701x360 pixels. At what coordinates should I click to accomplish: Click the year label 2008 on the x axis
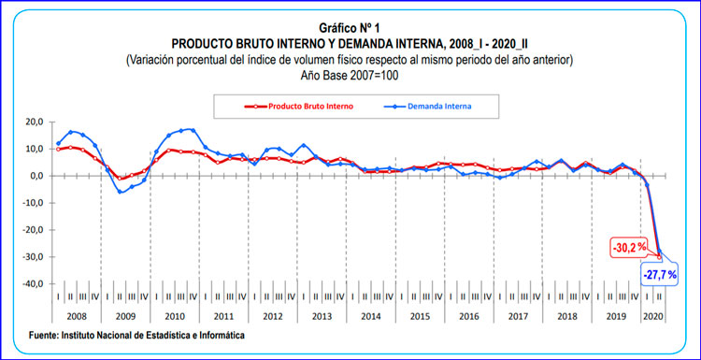pyautogui.click(x=78, y=317)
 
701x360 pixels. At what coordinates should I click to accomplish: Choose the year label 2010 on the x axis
pyautogui.click(x=173, y=317)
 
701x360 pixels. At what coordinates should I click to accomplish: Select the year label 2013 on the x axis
pyautogui.click(x=321, y=317)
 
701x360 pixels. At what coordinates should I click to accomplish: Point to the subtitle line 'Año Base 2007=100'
pyautogui.click(x=350, y=75)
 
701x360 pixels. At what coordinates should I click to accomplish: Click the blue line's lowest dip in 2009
pyautogui.click(x=121, y=193)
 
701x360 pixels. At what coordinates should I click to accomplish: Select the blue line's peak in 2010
pyautogui.click(x=192, y=130)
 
